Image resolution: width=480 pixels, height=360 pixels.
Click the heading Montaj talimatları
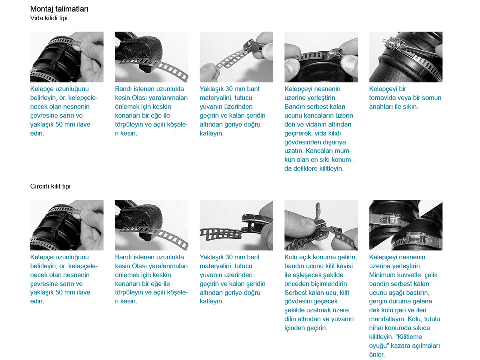click(59, 9)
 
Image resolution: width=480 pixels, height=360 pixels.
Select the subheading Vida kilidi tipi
click(49, 18)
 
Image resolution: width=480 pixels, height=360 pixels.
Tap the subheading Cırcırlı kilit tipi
click(50, 186)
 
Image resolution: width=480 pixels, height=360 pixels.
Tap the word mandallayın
click(387, 319)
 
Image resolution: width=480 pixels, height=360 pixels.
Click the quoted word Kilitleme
click(408, 337)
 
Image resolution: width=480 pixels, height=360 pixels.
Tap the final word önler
click(377, 355)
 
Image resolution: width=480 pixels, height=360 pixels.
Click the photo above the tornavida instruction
click(406, 57)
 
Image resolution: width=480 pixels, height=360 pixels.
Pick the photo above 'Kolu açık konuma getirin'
click(321, 225)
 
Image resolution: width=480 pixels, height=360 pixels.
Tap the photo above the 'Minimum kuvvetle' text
click(406, 225)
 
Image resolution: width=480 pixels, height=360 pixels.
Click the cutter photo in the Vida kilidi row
click(152, 57)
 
